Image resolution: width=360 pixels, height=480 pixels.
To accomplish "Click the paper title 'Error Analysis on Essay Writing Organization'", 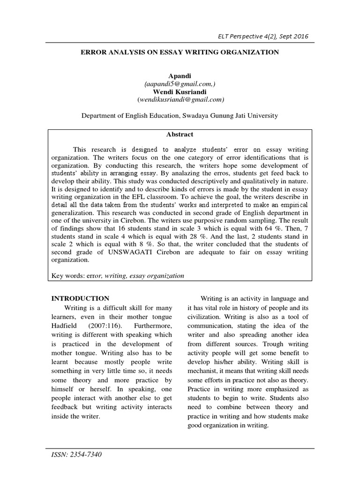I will point(180,52).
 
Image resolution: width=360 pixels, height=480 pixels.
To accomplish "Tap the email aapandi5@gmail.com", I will point(180,84).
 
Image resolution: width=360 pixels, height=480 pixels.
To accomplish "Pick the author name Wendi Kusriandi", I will point(180,92).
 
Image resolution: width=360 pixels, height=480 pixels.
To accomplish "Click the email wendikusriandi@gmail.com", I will point(180,100).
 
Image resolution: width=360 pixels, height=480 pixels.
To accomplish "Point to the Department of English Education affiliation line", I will point(180,115).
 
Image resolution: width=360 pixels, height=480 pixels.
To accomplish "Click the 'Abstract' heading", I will point(180,134).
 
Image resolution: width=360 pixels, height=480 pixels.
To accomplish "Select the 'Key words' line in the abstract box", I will point(117,276).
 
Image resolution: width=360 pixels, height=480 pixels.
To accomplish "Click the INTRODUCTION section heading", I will point(80,298).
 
